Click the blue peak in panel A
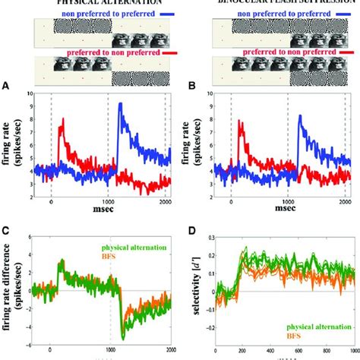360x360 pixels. point(120,104)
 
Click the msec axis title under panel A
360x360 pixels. point(99,223)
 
